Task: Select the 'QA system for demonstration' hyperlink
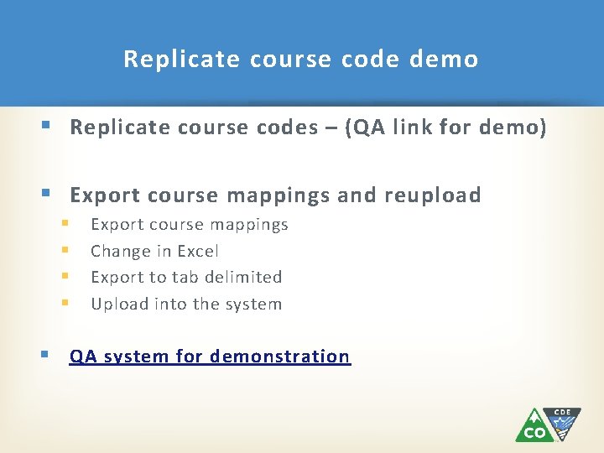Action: coord(210,357)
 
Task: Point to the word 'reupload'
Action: coord(433,195)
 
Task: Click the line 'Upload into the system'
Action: coord(186,304)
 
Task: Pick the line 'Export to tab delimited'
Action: coord(186,277)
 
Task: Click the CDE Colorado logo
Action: coord(547,424)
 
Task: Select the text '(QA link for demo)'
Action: coord(451,128)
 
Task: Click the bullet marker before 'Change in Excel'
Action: coord(65,251)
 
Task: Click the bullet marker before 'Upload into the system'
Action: coord(65,304)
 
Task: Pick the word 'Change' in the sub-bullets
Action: coord(117,251)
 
